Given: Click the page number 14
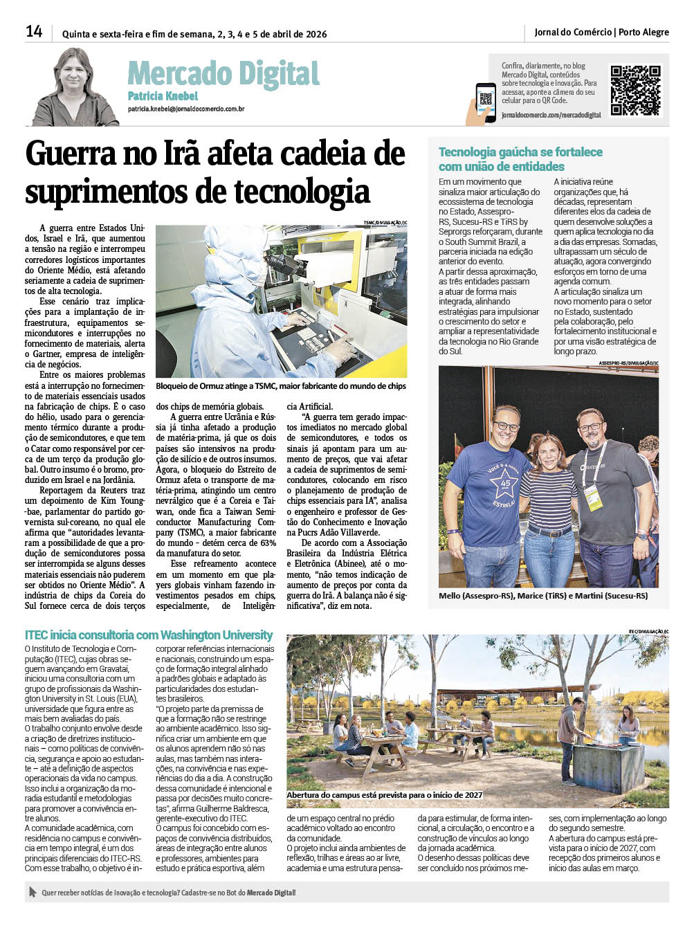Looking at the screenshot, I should tap(34, 32).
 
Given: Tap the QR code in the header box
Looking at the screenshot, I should tap(635, 90).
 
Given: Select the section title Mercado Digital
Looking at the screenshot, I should tap(223, 74).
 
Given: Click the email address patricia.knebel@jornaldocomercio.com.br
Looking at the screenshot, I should tap(185, 109).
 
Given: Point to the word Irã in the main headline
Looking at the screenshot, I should tap(182, 154).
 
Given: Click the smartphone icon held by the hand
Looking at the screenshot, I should tap(486, 100).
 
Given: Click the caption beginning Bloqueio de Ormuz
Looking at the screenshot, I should tap(280, 386).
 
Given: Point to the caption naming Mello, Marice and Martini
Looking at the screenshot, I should tap(543, 596).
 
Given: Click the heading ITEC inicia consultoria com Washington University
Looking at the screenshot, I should tap(149, 635).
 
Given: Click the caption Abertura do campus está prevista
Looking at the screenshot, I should tap(385, 795).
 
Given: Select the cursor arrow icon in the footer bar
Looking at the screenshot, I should tap(33, 892).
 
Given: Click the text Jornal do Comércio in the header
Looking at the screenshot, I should tap(573, 32).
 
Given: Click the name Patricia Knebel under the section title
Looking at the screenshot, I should tap(163, 96).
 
